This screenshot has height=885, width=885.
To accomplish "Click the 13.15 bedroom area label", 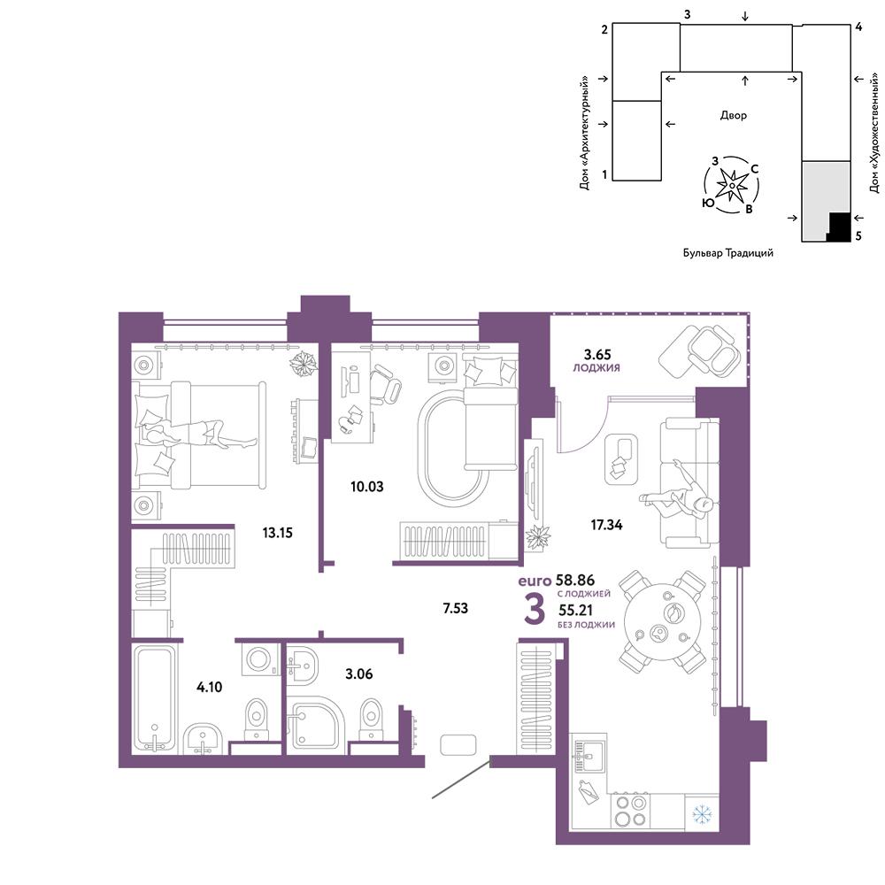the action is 277,532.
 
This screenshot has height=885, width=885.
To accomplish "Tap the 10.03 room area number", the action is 367,487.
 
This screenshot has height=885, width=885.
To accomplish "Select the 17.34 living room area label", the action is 607,525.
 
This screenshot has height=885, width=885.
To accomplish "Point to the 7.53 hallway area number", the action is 456,608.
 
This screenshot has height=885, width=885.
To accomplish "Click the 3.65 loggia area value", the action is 597,355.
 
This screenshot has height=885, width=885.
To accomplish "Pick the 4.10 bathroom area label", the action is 209,687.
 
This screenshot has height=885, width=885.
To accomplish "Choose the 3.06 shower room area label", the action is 359,673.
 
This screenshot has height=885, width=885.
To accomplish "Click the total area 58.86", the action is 575,580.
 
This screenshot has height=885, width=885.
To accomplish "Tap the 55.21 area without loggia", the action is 576,610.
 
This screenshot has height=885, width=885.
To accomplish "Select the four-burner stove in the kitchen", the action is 630,811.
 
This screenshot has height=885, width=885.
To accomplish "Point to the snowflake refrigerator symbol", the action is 702,814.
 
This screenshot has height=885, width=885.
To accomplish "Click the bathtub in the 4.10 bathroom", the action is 153,699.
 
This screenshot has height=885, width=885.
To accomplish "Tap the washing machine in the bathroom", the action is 260,658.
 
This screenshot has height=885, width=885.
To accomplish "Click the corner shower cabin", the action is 316,724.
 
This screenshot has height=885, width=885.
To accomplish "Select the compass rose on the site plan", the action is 732,185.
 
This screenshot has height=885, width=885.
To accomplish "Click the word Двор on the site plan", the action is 733,116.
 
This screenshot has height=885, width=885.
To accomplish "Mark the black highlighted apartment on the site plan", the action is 840,227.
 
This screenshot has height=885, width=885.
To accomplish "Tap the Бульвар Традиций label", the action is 728,253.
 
